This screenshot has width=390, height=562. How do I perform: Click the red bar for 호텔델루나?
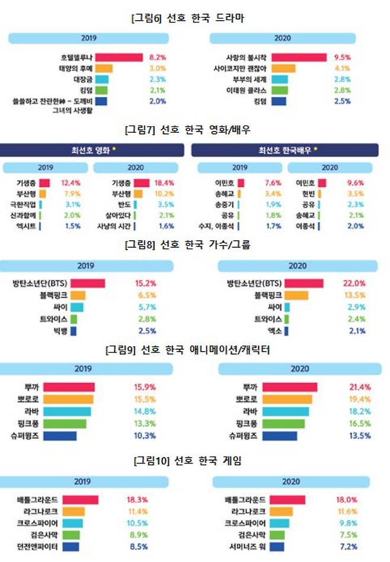coord(119,58)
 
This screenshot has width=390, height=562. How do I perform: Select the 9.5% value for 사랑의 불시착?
coord(343,58)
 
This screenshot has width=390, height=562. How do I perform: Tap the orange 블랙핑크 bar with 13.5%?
coord(296,295)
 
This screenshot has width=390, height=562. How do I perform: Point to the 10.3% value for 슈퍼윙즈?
coord(145,435)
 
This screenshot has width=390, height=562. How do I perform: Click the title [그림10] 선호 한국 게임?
coord(188,461)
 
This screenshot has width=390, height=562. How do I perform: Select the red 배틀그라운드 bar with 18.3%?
coord(80,500)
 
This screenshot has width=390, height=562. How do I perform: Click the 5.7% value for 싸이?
coord(145,307)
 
